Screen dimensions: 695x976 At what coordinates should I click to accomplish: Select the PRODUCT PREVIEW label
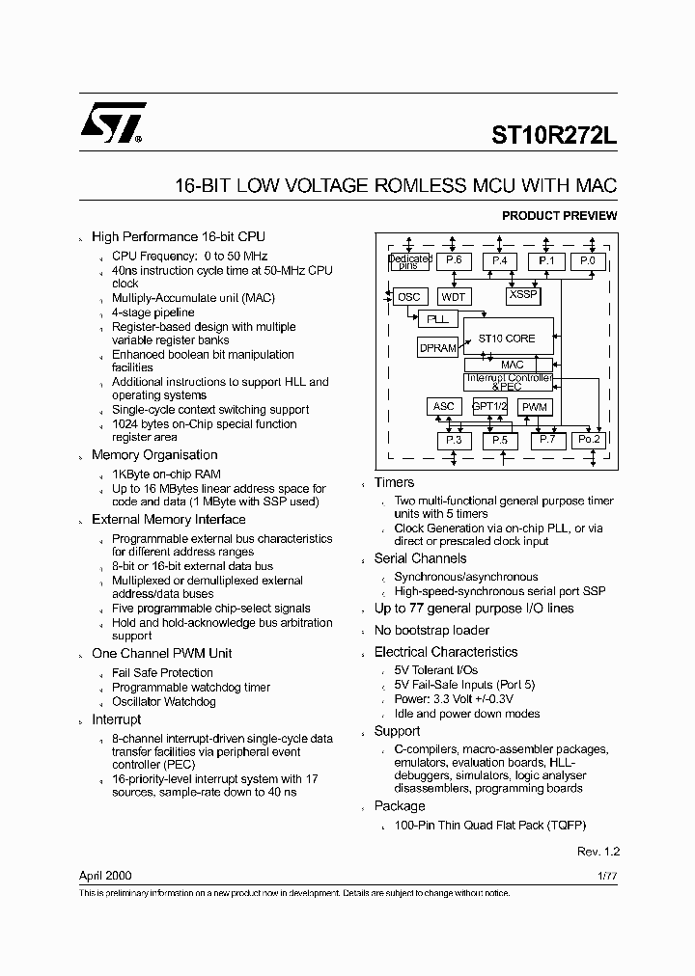559,216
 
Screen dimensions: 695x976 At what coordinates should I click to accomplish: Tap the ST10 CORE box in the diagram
507,339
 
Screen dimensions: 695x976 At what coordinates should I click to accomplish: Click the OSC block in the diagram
408,297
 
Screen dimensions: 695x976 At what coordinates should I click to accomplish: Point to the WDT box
453,297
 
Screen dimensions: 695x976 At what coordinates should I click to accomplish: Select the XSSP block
522,295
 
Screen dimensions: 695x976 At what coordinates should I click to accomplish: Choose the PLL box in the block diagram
436,318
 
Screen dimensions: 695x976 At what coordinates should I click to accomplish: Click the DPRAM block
437,347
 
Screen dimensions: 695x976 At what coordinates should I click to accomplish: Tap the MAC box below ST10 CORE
512,365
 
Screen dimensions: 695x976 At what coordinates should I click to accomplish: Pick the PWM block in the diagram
534,407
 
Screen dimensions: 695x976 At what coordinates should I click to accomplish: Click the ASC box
443,407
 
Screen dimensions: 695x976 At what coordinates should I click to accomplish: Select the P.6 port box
454,260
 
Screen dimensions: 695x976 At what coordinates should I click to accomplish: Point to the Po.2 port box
588,440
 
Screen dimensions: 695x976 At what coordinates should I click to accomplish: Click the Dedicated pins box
409,260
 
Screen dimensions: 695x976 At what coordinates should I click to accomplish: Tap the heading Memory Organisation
154,455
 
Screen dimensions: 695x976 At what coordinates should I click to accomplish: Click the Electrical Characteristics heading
446,652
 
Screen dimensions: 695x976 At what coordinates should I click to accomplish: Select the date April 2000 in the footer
105,876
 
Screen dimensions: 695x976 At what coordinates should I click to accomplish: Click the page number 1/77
607,876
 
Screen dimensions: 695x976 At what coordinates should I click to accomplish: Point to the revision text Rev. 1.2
598,853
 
